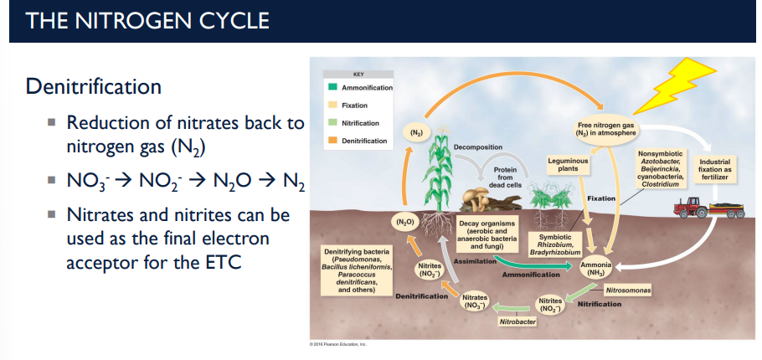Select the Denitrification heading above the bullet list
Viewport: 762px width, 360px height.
coord(93,86)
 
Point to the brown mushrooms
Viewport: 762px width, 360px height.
coord(480,198)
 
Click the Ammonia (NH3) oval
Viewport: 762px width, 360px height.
coord(595,268)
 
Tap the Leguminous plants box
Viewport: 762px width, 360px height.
coord(568,163)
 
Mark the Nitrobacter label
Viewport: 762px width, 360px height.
coord(517,321)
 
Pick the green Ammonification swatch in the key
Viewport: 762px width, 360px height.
coord(332,88)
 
